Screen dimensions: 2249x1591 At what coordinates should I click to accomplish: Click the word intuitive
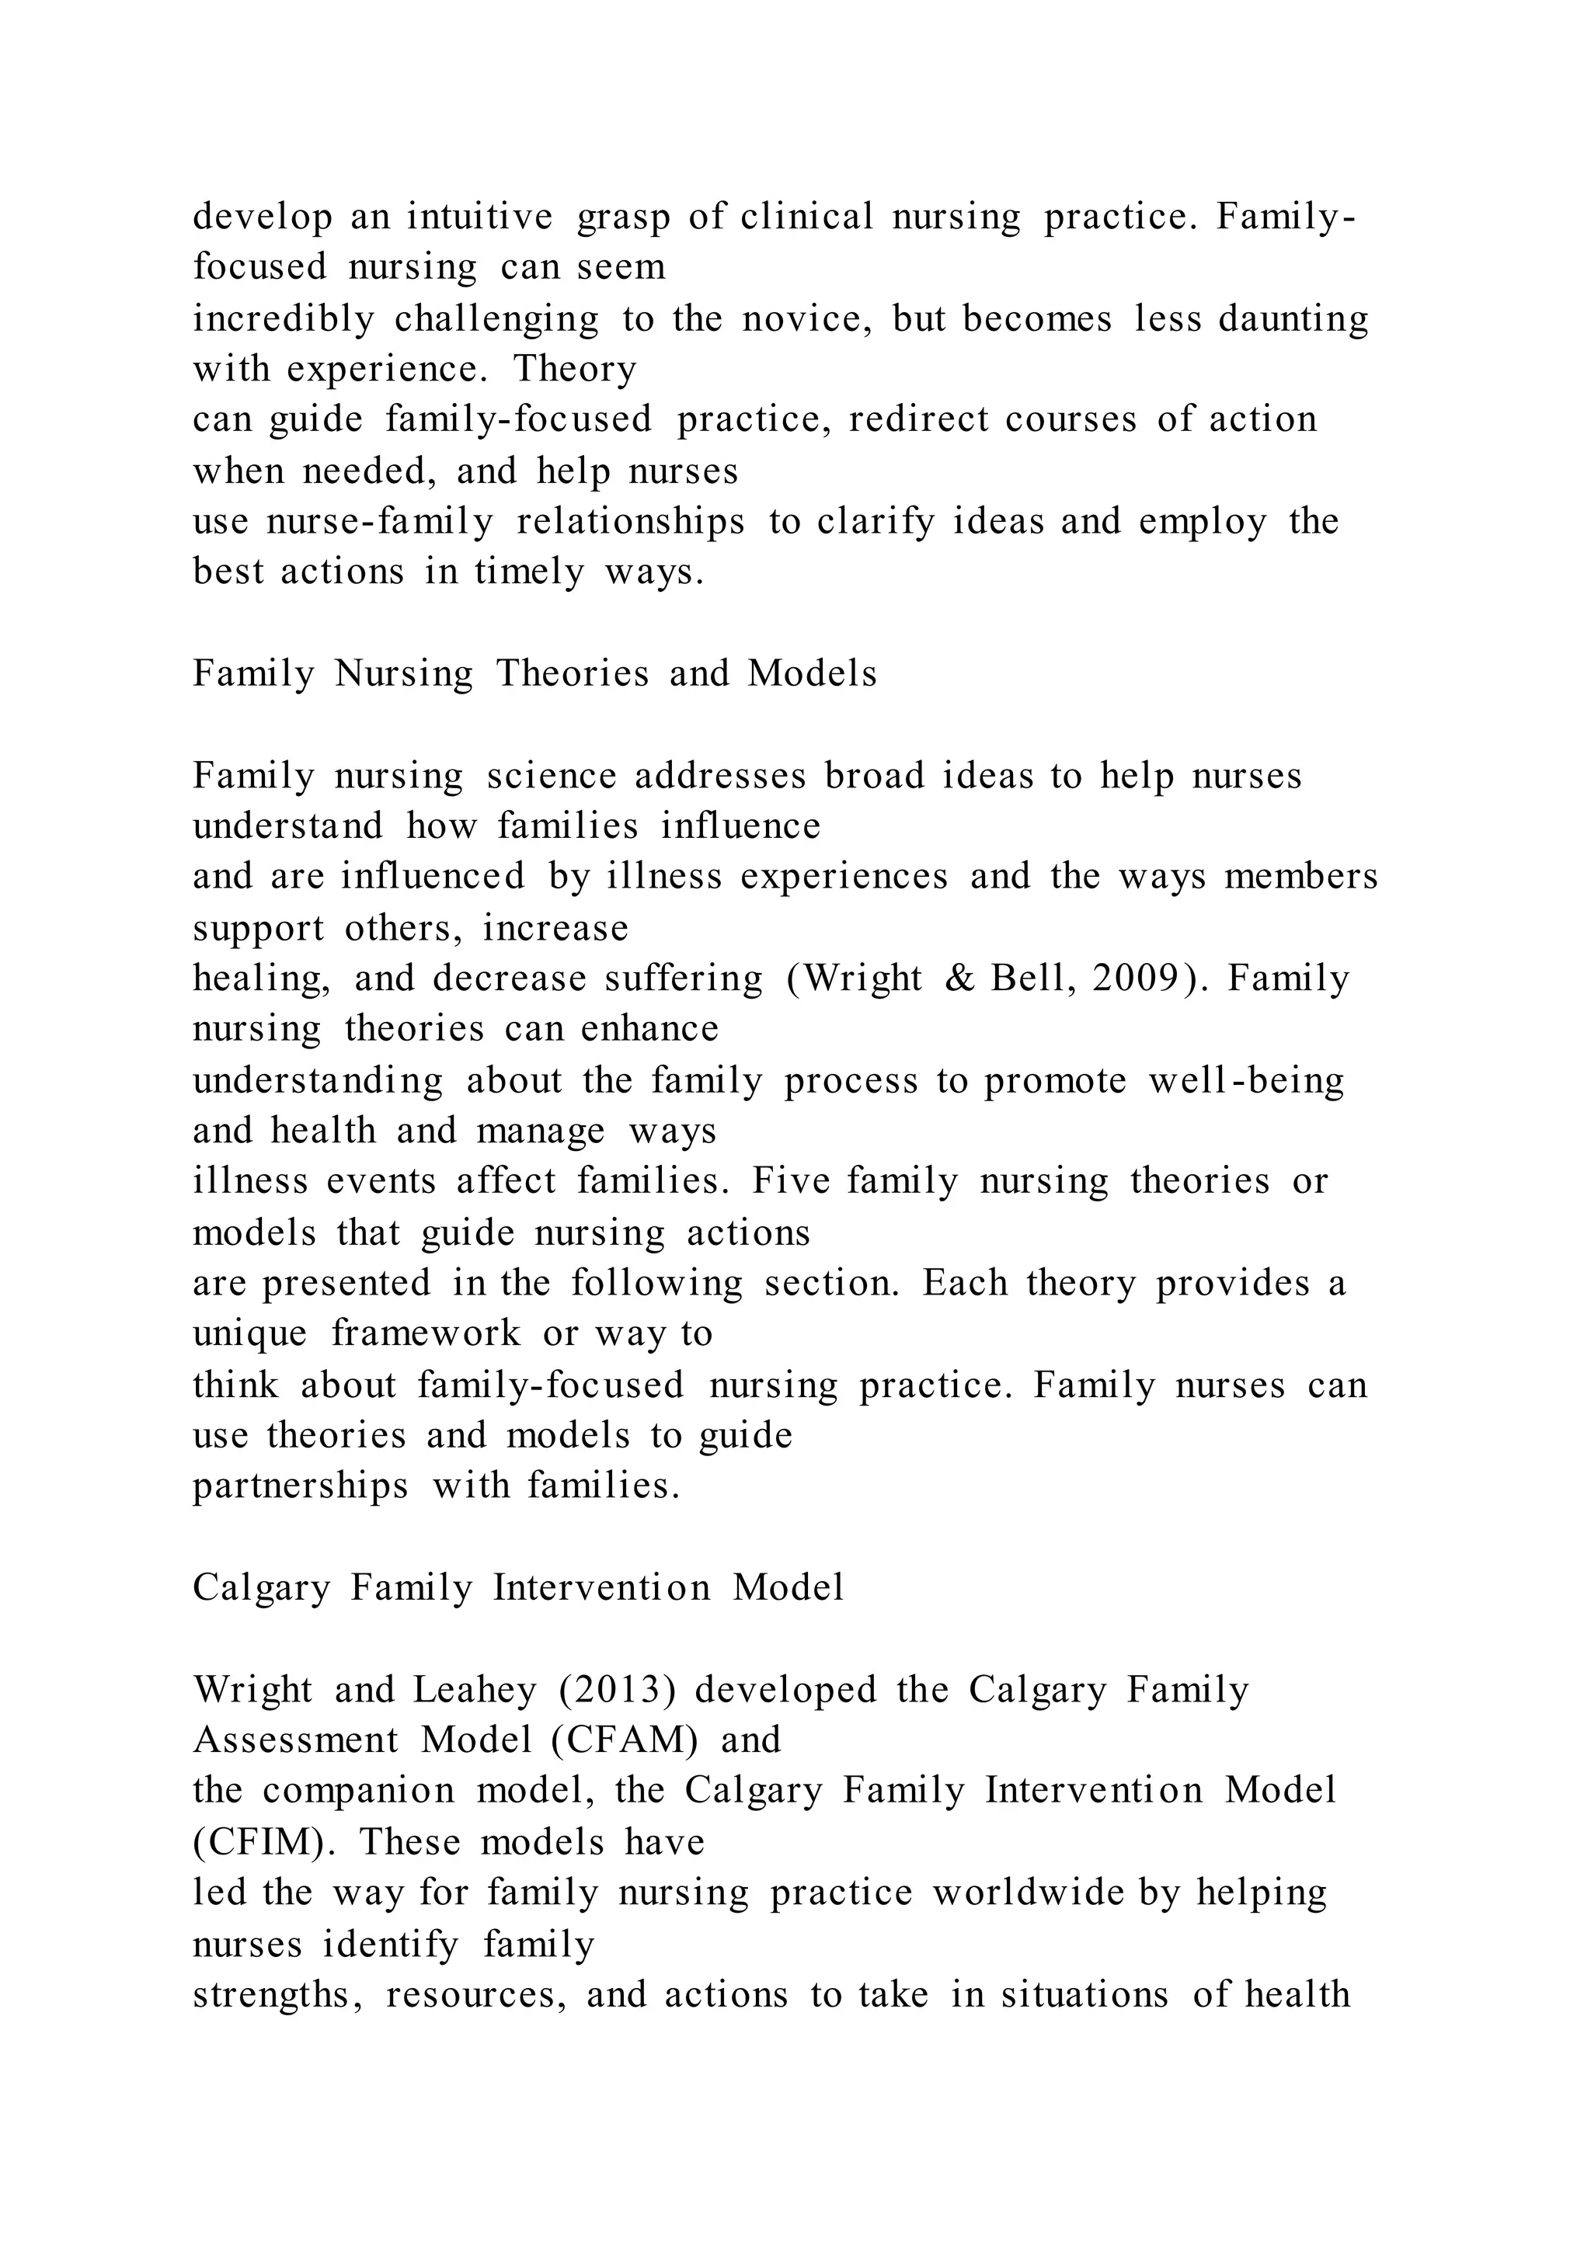tap(480, 217)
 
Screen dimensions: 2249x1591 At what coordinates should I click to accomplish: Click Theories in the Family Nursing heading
tap(572, 673)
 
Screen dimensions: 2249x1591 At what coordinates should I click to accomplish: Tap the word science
tap(552, 775)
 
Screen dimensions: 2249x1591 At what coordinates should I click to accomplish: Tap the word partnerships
tap(301, 1486)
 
